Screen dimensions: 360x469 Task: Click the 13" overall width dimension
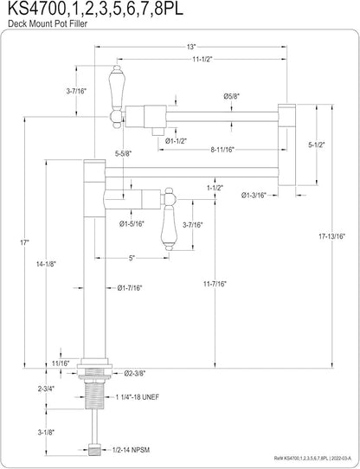coord(191,47)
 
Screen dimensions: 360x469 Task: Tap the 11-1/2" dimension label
coord(202,59)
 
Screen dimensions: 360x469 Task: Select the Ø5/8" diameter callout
coord(232,96)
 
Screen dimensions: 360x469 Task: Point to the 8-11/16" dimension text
coord(222,150)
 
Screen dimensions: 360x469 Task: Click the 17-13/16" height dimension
coord(331,236)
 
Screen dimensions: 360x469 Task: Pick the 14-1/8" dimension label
coord(46,264)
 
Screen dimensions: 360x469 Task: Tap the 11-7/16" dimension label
coord(215,284)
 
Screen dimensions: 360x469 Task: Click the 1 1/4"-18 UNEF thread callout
coord(138,397)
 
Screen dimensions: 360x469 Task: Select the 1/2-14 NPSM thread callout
coord(131,450)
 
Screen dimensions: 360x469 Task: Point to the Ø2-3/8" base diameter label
coord(135,373)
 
